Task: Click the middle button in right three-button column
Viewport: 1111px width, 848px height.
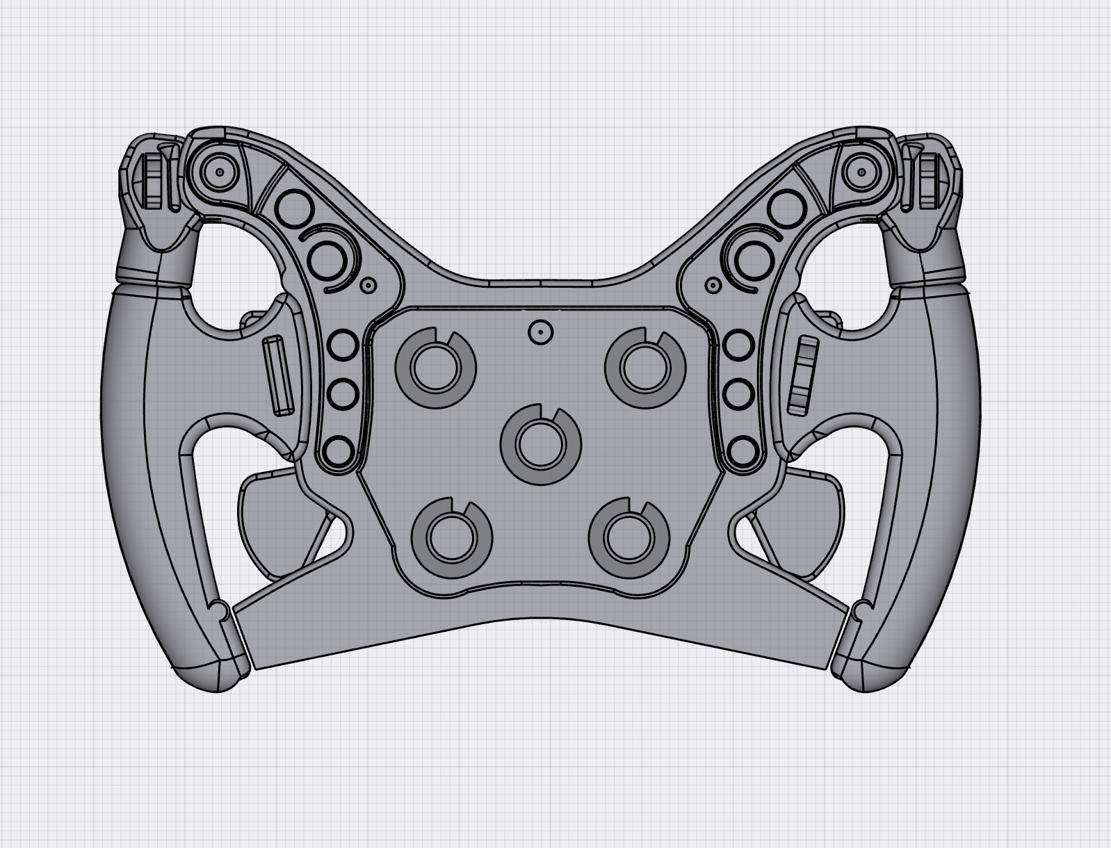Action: click(738, 396)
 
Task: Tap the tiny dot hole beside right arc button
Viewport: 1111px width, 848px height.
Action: click(712, 284)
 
